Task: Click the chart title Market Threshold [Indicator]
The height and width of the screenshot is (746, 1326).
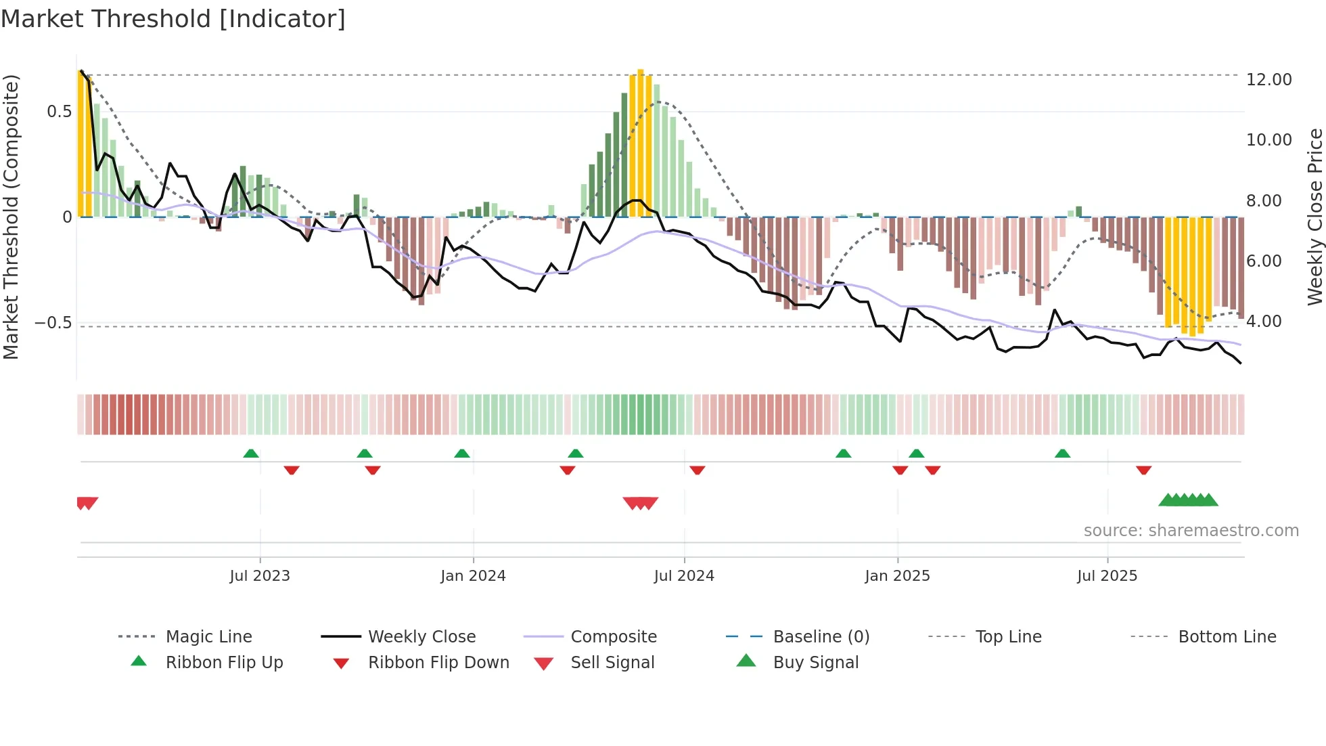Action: pos(173,19)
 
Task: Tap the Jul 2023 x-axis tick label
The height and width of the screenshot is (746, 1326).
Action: pos(260,576)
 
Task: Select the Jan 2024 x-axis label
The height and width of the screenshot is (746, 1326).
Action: pos(473,576)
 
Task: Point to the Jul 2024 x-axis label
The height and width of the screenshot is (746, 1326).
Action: pos(684,576)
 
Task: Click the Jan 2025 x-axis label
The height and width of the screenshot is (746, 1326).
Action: pos(897,576)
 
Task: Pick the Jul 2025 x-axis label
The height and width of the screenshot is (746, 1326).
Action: pos(1107,576)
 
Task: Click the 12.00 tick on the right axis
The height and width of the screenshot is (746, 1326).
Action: pos(1268,80)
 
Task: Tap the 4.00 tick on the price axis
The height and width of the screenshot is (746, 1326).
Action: pos(1264,322)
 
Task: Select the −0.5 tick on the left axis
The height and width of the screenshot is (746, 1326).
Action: pos(53,323)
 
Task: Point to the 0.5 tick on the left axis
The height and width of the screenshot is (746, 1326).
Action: pos(59,112)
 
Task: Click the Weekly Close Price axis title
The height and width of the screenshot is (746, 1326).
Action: pos(1314,217)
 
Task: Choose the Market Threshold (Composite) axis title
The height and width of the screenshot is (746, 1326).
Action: pos(11,217)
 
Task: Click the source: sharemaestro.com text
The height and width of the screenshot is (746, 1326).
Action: pos(1191,531)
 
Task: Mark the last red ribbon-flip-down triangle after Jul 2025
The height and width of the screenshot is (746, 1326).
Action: pos(1143,470)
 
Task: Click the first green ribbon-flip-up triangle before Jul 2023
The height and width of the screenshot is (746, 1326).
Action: pos(251,454)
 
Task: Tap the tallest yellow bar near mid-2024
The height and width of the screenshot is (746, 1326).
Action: pos(640,142)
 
